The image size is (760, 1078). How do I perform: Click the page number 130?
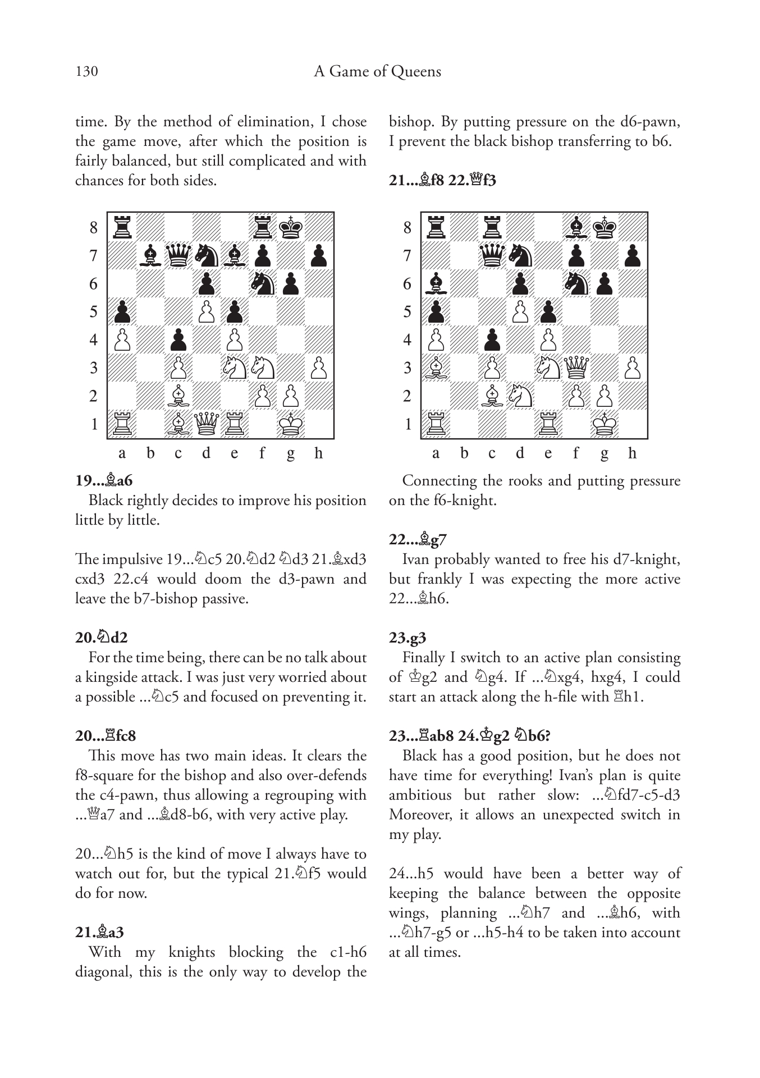86,72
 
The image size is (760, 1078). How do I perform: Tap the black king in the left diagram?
291,227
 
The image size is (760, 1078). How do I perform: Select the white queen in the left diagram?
207,424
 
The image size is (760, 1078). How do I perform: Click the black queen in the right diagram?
492,255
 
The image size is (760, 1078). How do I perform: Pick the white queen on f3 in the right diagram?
576,368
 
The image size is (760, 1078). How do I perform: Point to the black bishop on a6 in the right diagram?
436,283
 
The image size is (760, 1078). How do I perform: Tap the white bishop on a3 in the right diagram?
436,368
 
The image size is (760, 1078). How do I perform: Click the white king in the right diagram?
605,424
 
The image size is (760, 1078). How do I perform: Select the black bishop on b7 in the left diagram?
150,255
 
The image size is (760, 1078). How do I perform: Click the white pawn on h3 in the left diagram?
319,368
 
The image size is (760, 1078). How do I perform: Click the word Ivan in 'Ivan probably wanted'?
416,559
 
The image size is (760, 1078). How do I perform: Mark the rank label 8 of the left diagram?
94,228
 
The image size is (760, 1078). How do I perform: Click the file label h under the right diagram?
632,453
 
